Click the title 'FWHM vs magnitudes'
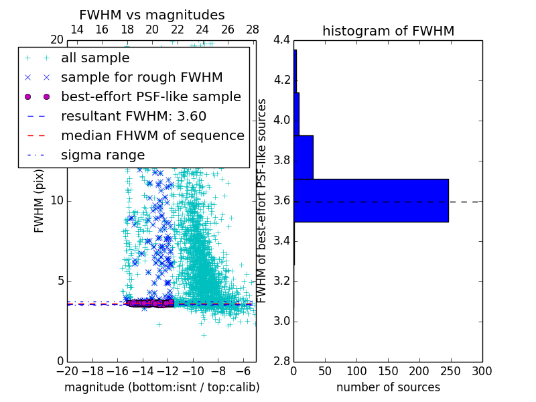click(152, 15)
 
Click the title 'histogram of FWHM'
click(388, 31)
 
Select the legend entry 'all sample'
click(95, 58)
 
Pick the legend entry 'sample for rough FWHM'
click(141, 77)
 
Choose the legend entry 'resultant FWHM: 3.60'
click(133, 116)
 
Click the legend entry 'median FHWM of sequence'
click(152, 135)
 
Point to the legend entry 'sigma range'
click(103, 155)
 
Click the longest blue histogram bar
click(371, 200)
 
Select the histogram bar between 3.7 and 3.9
click(304, 157)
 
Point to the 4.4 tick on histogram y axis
click(281, 40)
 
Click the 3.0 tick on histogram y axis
click(281, 321)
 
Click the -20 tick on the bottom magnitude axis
click(67, 371)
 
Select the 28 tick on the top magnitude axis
click(253, 29)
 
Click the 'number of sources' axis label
click(388, 387)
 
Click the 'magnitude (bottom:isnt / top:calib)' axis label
click(161, 387)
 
